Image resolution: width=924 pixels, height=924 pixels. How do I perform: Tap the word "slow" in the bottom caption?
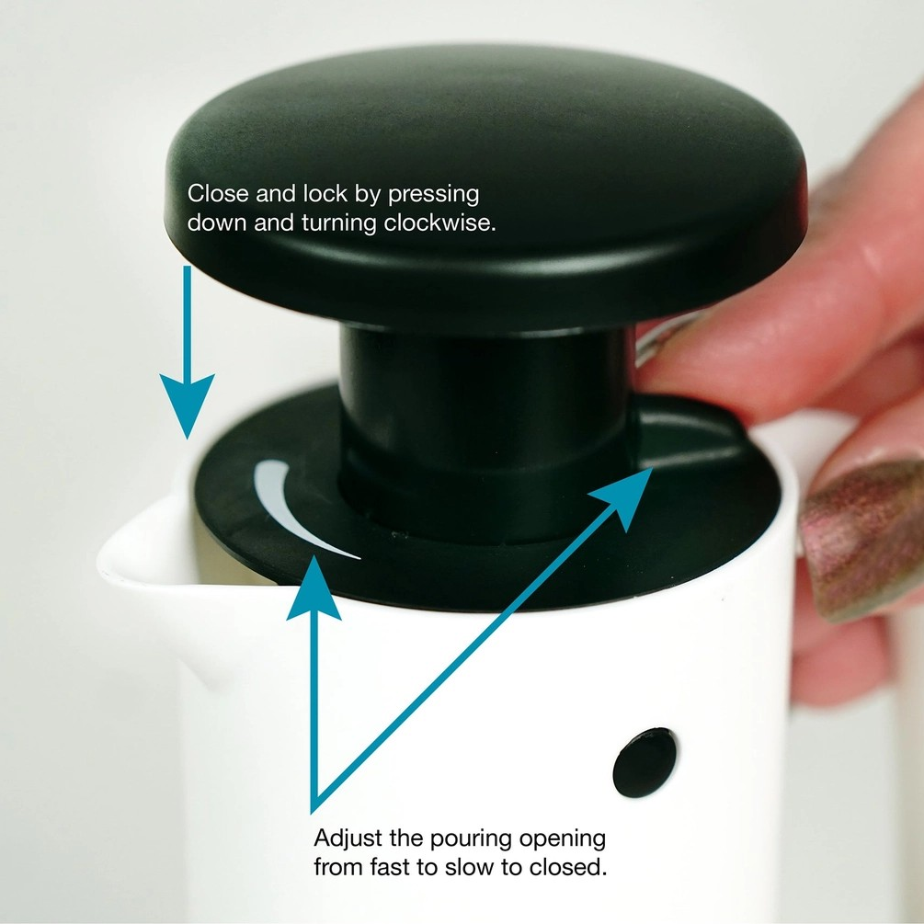tap(467, 867)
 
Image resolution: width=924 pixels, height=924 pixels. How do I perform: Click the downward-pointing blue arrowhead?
tap(188, 401)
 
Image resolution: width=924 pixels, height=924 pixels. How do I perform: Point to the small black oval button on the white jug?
tap(645, 762)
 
